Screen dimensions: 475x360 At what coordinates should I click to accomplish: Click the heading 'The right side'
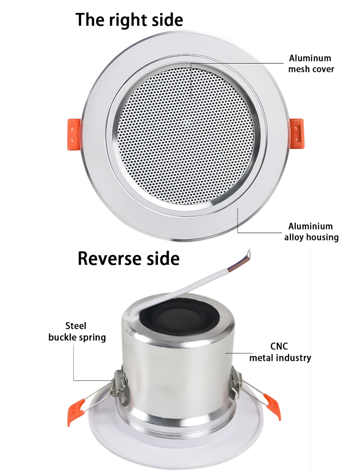129,20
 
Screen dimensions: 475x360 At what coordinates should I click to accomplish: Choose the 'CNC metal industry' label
280,352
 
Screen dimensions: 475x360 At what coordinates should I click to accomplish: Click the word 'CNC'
280,346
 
